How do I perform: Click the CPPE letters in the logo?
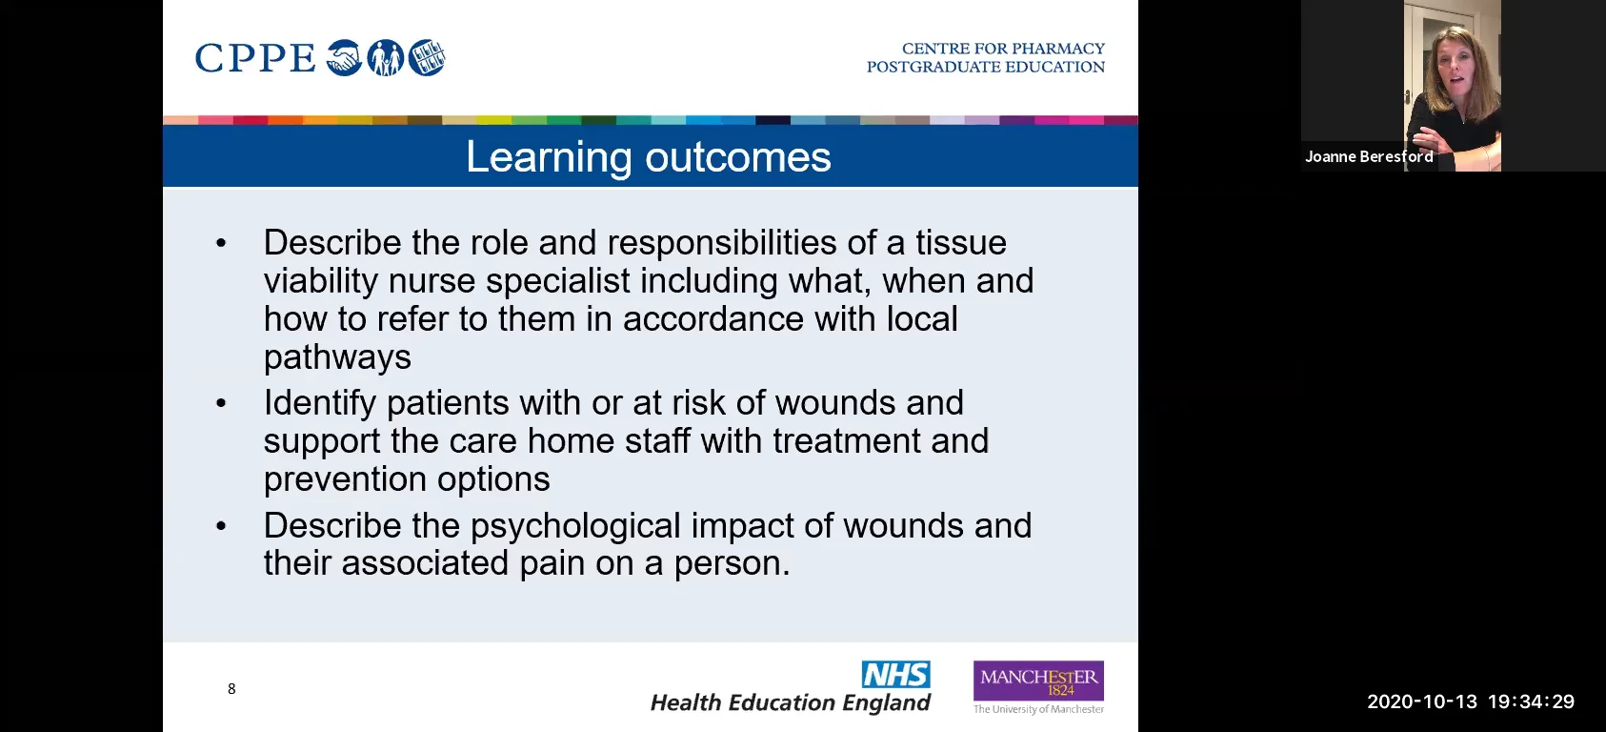click(x=254, y=58)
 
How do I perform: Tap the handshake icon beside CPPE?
click(x=344, y=58)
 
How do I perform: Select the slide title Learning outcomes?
click(x=648, y=157)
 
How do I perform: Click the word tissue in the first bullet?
click(x=960, y=243)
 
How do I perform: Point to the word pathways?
click(x=337, y=357)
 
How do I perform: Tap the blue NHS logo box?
click(x=895, y=675)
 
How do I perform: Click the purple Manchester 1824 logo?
click(x=1038, y=681)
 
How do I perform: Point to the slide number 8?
click(x=231, y=689)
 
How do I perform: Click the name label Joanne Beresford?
click(x=1369, y=157)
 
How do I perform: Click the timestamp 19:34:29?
click(x=1531, y=702)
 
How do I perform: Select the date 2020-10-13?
click(x=1421, y=702)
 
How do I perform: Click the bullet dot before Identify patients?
click(x=221, y=404)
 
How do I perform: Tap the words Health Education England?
click(x=790, y=703)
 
